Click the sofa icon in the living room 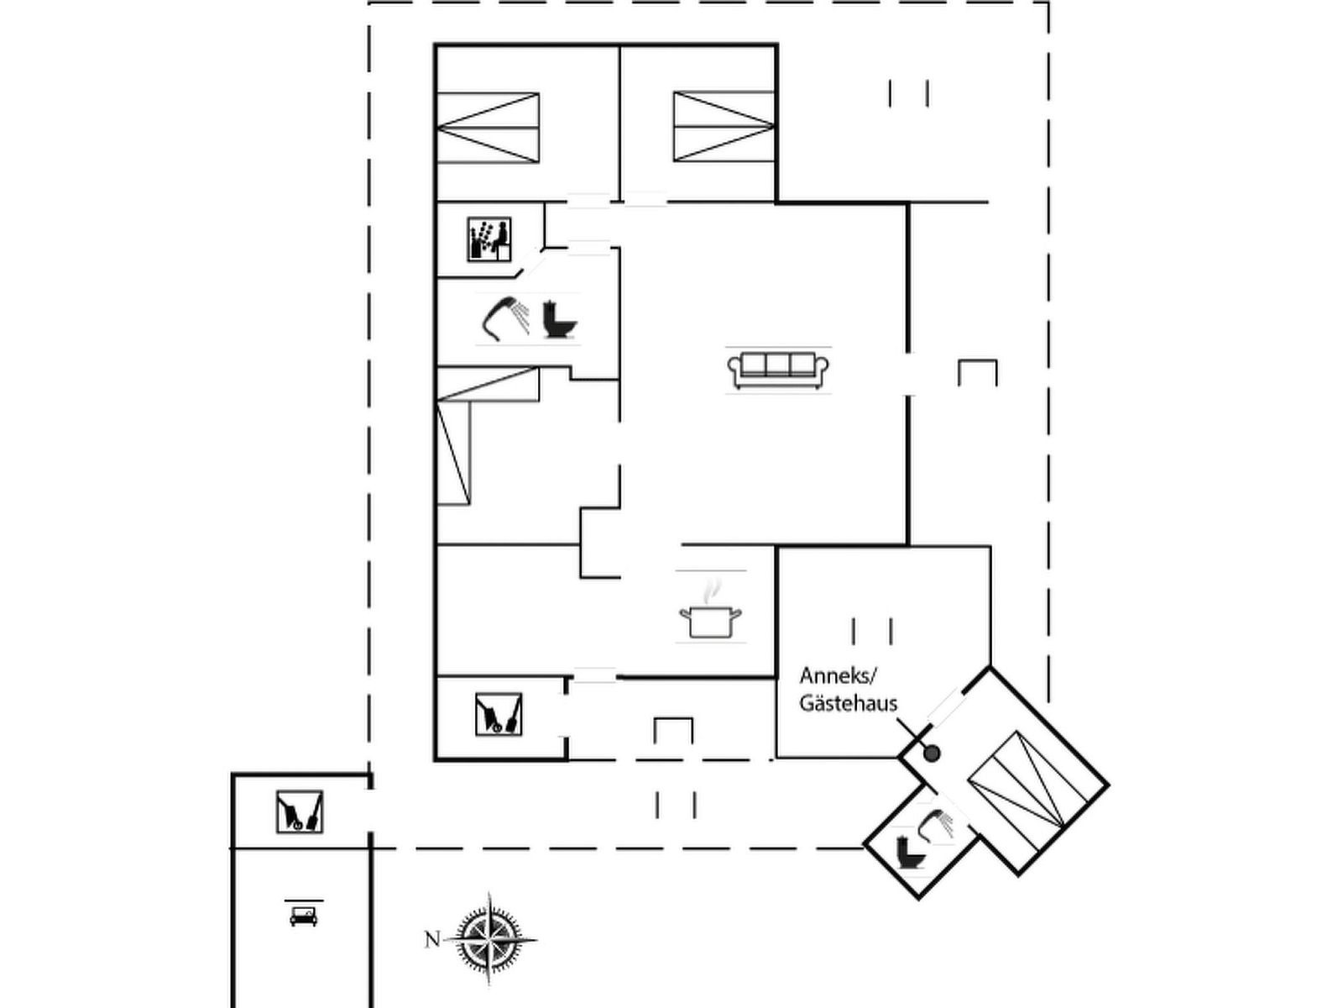[777, 370]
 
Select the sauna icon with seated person [489, 239]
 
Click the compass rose [490, 939]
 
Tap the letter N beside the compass [432, 938]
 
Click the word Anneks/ [839, 678]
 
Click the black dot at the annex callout [931, 753]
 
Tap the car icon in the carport [304, 916]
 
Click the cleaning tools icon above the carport [300, 812]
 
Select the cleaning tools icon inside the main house [499, 714]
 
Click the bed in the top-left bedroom [489, 128]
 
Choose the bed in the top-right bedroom [724, 127]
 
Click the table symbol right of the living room [977, 373]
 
